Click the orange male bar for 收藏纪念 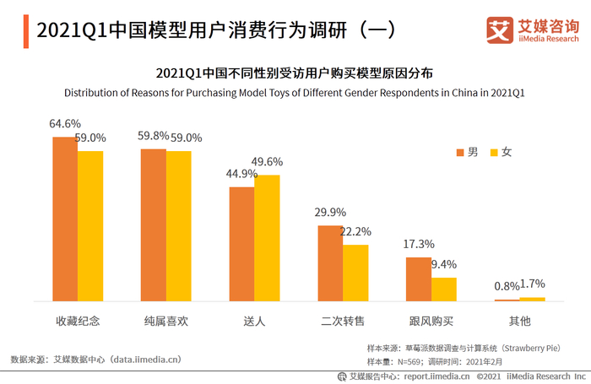point(65,219)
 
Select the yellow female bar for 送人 point(267,238)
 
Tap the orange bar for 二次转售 point(330,263)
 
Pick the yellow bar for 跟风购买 point(444,289)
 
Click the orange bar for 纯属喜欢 point(154,224)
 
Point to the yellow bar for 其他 point(533,299)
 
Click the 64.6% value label point(65,123)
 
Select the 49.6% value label point(268,162)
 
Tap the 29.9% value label point(330,213)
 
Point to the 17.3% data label point(419,244)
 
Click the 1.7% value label point(534,284)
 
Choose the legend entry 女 point(501,152)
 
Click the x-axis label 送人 point(254,322)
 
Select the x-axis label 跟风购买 point(431,322)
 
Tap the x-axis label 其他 point(520,322)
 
